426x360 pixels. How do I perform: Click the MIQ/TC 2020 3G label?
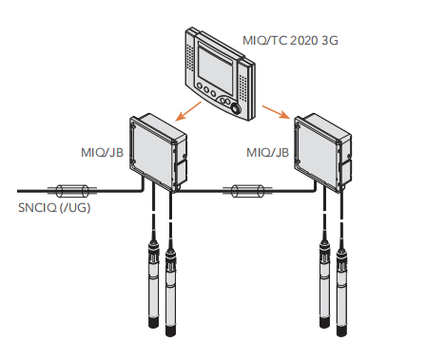290,41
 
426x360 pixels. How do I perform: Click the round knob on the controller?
236,108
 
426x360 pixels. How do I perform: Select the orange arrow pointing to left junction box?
188,111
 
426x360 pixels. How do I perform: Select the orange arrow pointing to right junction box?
276,112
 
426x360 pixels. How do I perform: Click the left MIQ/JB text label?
102,153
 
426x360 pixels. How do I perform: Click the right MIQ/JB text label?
268,153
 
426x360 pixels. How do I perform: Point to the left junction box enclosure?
158,153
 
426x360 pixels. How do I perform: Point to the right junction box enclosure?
323,153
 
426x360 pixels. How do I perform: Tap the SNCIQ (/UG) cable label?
54,208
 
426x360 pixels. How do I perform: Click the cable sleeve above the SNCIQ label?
72,191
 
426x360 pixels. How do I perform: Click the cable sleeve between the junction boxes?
247,191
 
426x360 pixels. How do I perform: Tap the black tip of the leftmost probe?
153,323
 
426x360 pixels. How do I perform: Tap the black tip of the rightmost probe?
341,332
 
